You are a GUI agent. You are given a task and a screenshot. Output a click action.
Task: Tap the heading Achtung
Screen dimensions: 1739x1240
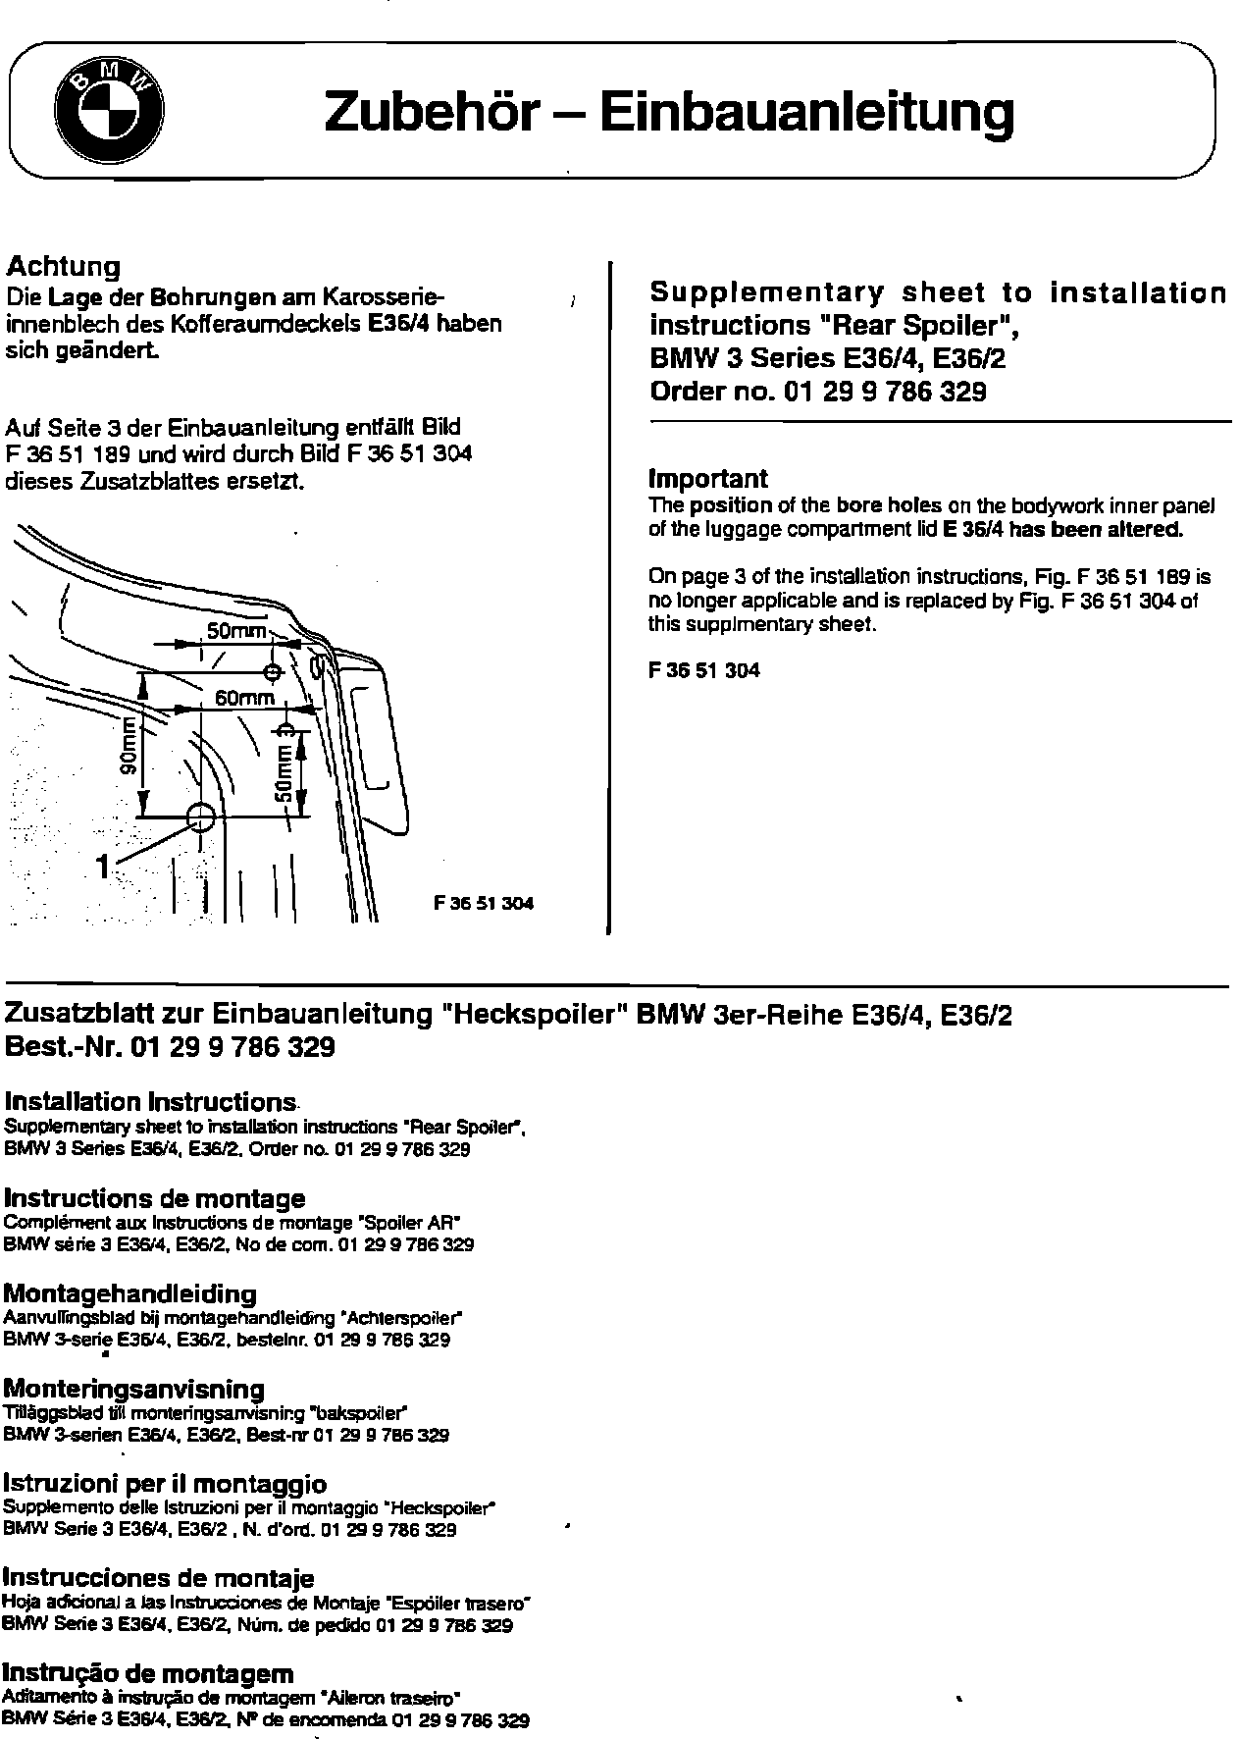click(x=63, y=266)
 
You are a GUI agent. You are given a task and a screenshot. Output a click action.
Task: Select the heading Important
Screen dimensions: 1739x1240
click(x=708, y=479)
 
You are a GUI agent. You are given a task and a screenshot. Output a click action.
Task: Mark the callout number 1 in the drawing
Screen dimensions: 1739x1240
click(x=102, y=866)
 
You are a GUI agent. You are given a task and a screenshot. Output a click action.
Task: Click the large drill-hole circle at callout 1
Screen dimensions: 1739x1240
click(x=200, y=816)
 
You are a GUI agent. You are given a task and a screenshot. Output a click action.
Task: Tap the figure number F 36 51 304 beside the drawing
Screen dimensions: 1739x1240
click(x=484, y=903)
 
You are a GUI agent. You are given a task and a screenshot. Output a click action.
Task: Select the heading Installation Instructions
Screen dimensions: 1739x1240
click(x=150, y=1101)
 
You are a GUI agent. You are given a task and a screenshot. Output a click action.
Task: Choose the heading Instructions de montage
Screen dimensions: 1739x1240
click(x=154, y=1198)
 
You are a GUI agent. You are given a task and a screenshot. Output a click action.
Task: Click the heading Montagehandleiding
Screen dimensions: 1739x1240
click(x=130, y=1293)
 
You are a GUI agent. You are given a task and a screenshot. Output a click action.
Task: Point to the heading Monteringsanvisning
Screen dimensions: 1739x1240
click(x=134, y=1389)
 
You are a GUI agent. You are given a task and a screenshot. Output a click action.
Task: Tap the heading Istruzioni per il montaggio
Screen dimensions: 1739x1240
click(x=165, y=1484)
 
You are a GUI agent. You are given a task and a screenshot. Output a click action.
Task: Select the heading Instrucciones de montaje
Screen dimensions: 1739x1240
click(x=159, y=1579)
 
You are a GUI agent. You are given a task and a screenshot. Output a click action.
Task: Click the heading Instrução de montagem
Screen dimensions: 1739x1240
click(x=148, y=1673)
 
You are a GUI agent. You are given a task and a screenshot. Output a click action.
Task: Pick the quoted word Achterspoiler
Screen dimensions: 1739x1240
click(x=401, y=1318)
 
